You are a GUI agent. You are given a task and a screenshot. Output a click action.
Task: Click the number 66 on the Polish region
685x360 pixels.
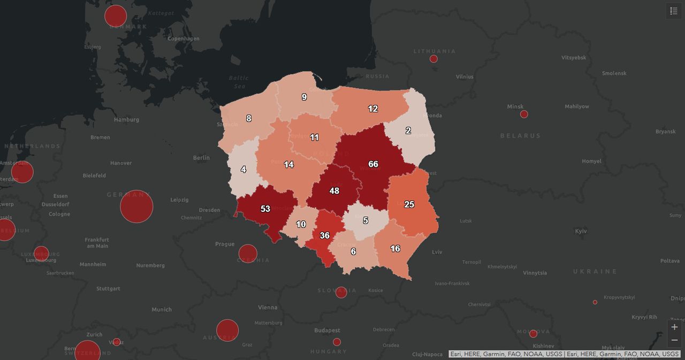pos(373,164)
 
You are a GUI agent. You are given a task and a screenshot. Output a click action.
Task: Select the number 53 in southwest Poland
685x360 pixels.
pos(265,209)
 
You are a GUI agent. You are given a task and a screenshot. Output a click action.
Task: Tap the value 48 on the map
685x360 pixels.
pos(334,191)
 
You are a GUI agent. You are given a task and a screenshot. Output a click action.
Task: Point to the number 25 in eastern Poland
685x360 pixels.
pos(409,204)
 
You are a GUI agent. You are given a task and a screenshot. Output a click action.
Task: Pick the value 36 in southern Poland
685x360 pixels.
pos(324,235)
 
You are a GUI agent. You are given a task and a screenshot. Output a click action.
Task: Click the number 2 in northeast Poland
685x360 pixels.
pos(408,131)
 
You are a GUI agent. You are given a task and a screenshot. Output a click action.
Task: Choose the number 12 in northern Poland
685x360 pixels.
pos(373,109)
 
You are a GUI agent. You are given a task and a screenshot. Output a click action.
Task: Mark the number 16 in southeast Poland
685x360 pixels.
pos(395,249)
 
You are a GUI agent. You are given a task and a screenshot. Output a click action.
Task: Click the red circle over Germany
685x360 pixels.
pos(136,206)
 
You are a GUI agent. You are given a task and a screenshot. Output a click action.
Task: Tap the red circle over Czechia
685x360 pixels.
pos(248,254)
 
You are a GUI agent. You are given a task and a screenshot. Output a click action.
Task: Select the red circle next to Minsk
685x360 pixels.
pos(524,114)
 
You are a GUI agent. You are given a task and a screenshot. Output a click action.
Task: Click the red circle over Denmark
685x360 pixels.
pos(116,16)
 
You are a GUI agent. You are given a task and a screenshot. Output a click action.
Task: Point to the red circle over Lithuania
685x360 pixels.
pos(433,59)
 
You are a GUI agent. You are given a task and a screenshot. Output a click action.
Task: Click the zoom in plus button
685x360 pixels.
pos(674,327)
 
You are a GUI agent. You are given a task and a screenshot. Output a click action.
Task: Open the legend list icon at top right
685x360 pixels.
pos(674,11)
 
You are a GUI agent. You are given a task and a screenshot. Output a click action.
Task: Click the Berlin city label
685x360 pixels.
pos(201,158)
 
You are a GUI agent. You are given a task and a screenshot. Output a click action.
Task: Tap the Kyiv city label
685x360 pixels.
pos(581,231)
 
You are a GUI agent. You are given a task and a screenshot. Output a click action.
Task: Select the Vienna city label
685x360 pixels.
pos(268,308)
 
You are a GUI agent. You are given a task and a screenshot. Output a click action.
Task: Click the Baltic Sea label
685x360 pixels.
pos(239,82)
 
